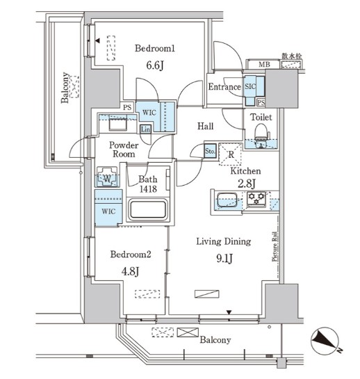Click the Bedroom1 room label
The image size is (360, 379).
[154, 49]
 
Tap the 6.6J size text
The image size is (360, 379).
[155, 65]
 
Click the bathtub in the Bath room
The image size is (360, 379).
[148, 209]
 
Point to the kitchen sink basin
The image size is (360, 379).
[227, 200]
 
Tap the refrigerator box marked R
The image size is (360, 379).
[231, 154]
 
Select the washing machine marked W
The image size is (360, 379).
[107, 177]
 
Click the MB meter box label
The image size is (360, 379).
[264, 65]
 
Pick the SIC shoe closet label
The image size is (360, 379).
[250, 86]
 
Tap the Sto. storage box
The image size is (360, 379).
[210, 152]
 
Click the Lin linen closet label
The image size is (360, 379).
[145, 129]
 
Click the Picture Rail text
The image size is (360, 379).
[275, 247]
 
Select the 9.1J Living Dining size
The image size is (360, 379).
[224, 259]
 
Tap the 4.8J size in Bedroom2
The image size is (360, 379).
[130, 271]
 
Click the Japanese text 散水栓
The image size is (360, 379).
[292, 56]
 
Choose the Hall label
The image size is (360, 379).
[206, 126]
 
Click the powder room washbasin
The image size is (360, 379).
[118, 124]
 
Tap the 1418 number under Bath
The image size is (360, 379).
[148, 188]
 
